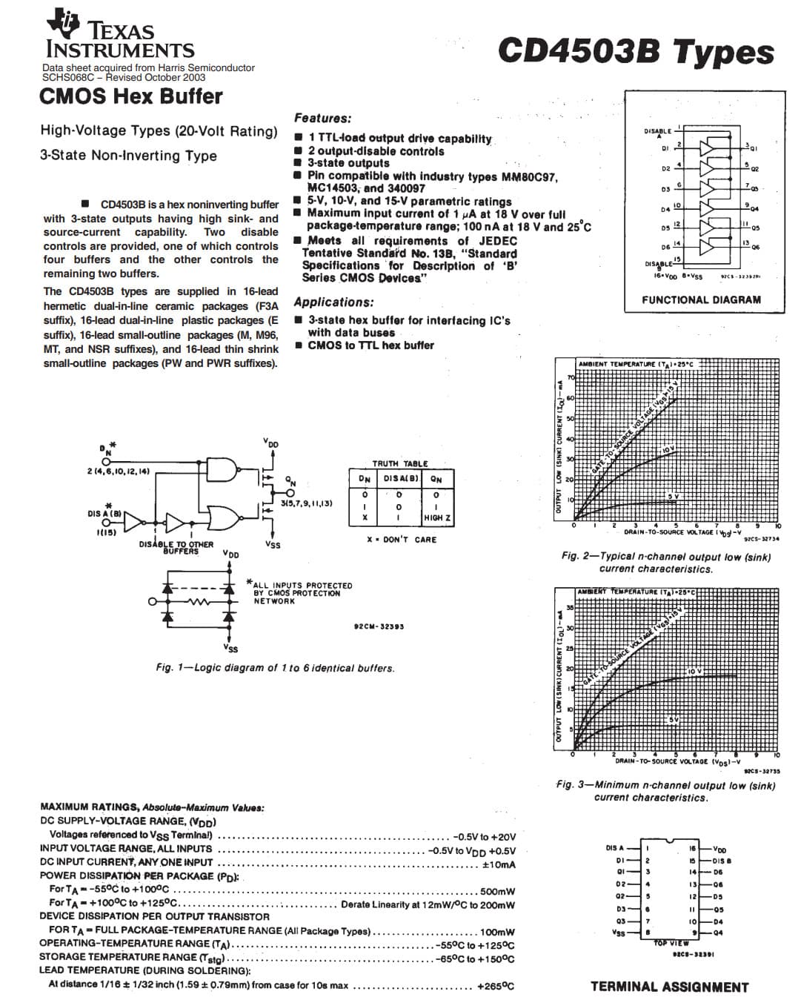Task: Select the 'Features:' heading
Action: click(x=322, y=118)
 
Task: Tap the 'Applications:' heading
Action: click(x=333, y=302)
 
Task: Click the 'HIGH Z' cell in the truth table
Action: click(x=437, y=517)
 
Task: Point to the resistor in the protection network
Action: click(x=197, y=602)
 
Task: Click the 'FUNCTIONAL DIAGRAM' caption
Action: click(x=701, y=300)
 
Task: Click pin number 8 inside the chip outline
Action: click(x=648, y=933)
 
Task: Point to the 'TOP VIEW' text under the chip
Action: click(x=671, y=943)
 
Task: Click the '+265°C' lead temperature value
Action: click(x=495, y=986)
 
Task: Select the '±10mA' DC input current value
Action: click(x=499, y=864)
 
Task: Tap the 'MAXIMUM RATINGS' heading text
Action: click(x=89, y=807)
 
